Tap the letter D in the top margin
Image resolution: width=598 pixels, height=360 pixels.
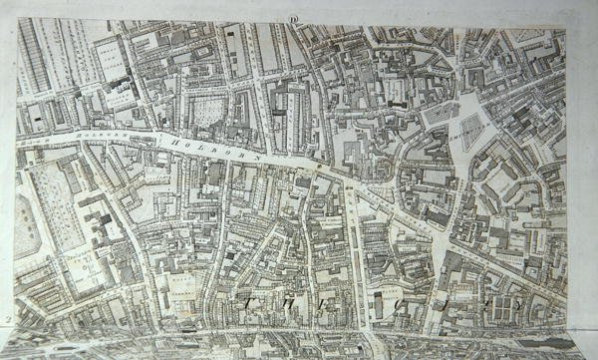coord(294,17)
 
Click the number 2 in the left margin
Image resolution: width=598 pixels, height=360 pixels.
coord(7,320)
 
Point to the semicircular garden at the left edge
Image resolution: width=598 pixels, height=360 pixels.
coord(21,225)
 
